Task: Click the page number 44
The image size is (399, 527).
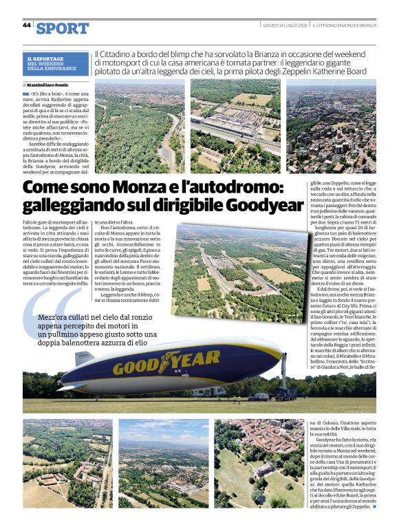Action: [26, 25]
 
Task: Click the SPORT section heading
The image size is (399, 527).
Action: [63, 28]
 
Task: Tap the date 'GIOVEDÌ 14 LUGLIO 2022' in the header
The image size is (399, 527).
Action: [285, 25]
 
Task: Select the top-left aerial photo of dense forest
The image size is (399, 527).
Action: [139, 126]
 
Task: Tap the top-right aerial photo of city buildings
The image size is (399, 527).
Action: [332, 126]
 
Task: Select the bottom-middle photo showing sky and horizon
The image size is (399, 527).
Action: [164, 463]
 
